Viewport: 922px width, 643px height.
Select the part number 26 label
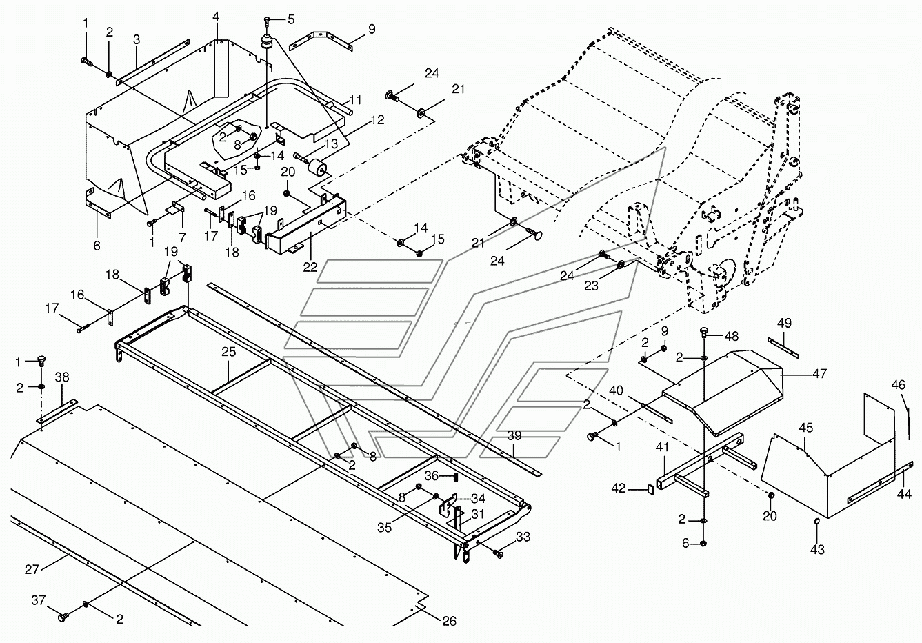click(449, 621)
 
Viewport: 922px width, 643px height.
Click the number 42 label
click(618, 488)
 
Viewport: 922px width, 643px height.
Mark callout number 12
click(378, 119)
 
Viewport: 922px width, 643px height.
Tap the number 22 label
click(311, 267)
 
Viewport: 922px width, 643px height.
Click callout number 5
click(290, 19)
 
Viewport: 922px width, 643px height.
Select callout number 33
click(523, 535)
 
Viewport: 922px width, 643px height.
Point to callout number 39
click(514, 436)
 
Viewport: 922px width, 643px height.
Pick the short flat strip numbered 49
click(783, 346)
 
